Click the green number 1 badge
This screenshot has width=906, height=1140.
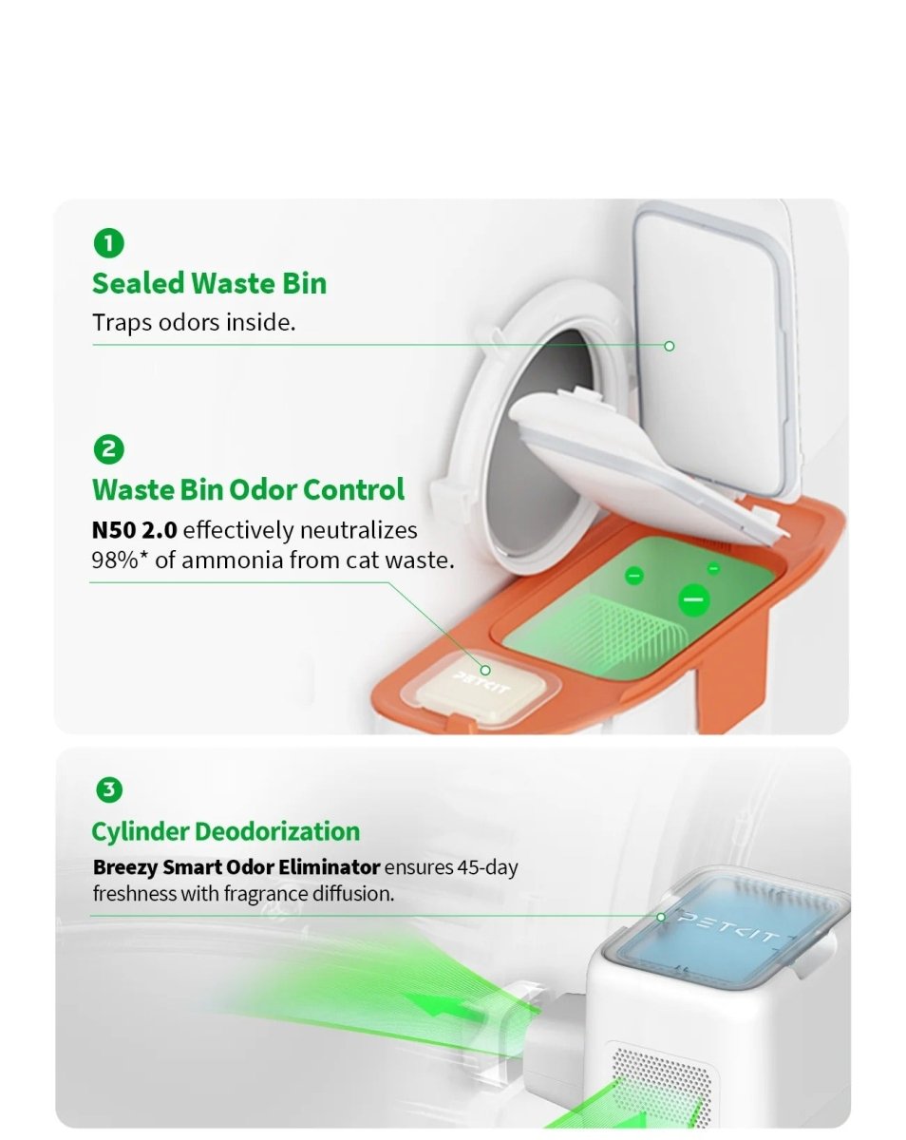coord(109,243)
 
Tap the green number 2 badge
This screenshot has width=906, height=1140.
coord(109,449)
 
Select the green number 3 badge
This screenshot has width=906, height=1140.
coord(109,789)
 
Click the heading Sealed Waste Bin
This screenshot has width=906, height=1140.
coord(209,283)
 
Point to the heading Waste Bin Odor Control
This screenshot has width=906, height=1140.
coord(248,490)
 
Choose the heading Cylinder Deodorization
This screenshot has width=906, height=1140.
coord(225,831)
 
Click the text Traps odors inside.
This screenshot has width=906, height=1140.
coord(194,322)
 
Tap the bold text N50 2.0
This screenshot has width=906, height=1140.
coord(134,530)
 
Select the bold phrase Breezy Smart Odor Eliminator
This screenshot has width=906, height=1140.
coord(236,867)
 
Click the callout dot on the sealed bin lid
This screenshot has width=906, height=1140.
coord(669,346)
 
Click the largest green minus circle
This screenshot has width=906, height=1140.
coord(693,599)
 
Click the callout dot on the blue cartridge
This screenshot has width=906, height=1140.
coord(661,917)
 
